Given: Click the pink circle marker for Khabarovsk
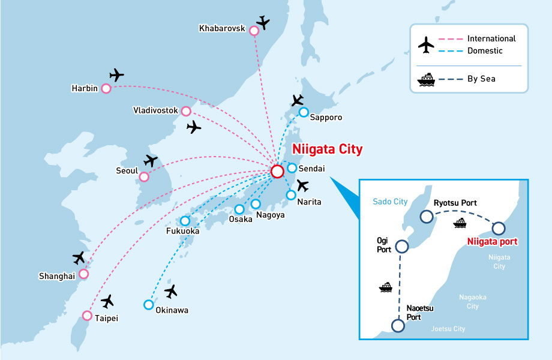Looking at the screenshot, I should point(254,31).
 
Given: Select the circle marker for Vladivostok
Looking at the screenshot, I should point(186,111).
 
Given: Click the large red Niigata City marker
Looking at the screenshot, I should point(277,172).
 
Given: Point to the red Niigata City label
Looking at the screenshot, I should point(327,149).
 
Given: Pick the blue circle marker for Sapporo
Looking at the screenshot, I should point(304,112).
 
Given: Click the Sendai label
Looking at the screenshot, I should point(313,169).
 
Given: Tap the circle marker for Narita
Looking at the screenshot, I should point(291,195).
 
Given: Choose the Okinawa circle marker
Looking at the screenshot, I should point(148,304).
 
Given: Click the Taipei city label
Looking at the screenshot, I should point(107,318).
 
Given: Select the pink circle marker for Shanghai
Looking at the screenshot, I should point(83,274).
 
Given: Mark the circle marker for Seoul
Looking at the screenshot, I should point(144,177).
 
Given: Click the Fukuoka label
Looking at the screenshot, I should point(182,231).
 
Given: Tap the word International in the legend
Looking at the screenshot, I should point(491,38).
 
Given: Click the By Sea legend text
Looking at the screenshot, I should point(483,79).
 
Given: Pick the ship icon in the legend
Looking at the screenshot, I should point(426,79).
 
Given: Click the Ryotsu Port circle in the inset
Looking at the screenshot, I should point(426,217).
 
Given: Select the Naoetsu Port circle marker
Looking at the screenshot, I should point(397,326).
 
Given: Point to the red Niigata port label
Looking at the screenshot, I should point(492,242).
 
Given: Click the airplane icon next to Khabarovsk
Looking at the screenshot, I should point(262,22).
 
